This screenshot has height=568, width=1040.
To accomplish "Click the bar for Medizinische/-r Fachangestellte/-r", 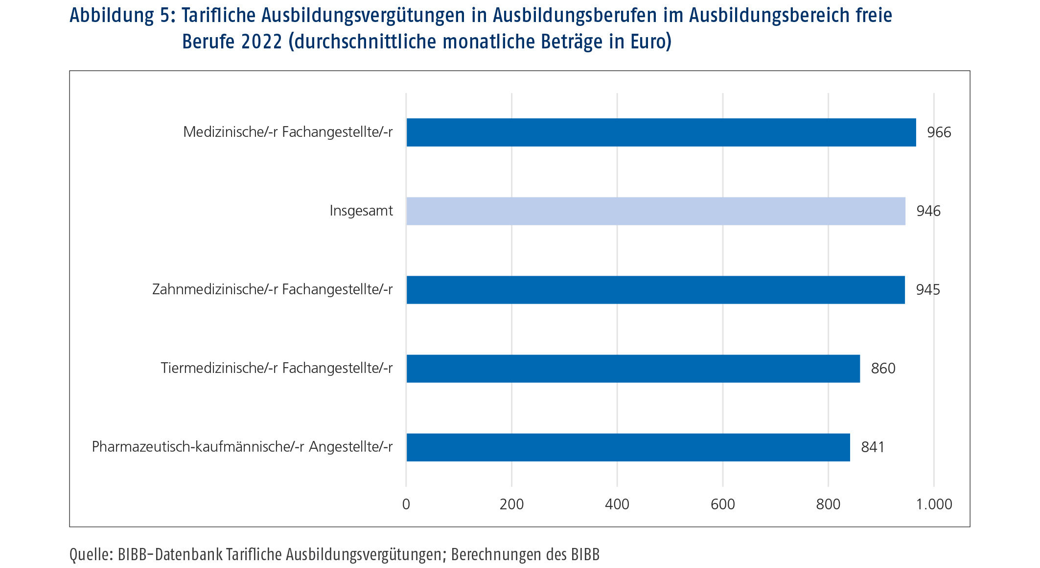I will (x=661, y=132).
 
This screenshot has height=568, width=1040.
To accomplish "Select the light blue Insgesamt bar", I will (x=655, y=211).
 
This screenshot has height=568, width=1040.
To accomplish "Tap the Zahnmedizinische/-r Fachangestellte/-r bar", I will (x=655, y=289).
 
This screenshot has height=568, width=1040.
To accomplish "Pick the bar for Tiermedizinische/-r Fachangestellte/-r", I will (x=633, y=368).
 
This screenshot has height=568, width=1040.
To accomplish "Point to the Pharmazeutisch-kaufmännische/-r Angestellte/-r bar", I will (x=628, y=447).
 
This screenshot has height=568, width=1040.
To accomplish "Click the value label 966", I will (x=939, y=132).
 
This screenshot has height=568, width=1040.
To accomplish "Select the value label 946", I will (x=928, y=211).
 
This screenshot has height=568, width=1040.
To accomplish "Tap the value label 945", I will (x=927, y=290).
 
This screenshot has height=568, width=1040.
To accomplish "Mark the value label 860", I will (x=882, y=369).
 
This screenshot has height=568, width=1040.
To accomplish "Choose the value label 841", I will (x=872, y=447).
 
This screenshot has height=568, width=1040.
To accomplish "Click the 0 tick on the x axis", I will (x=406, y=504).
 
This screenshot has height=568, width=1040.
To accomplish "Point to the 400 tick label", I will (x=617, y=504).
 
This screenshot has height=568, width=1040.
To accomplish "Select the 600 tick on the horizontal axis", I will (x=722, y=504).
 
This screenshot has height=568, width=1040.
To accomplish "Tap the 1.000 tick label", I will (x=934, y=504).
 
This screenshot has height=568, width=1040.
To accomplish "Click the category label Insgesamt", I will (x=361, y=211).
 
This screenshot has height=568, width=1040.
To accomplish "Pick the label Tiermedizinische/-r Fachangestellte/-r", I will (x=277, y=368).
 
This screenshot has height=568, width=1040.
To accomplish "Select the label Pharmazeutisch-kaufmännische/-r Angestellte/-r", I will (x=242, y=447).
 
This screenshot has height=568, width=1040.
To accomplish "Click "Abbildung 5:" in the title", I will (x=122, y=16).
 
